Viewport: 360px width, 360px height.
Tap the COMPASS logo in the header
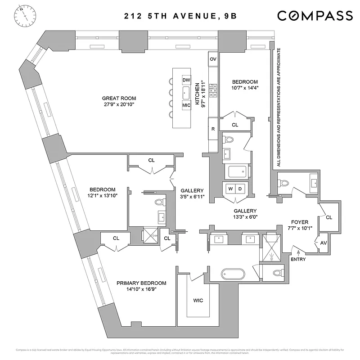(x=315, y=16)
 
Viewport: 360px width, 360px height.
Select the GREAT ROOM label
(x=119, y=99)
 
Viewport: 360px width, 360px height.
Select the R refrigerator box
(x=213, y=129)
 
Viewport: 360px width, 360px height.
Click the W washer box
(x=231, y=188)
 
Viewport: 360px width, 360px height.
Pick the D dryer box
(x=240, y=188)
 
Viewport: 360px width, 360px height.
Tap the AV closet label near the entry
(x=324, y=243)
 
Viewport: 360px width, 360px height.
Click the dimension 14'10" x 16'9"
(x=141, y=290)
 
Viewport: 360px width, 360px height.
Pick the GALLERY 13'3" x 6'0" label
(x=245, y=214)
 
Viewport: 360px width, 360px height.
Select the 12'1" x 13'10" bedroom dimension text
(x=102, y=196)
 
